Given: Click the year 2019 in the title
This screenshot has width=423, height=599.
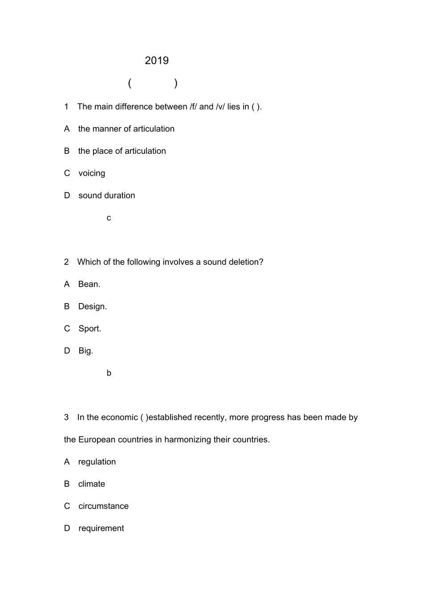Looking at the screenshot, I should coord(157,61).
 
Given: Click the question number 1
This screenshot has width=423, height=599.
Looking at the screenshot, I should coord(66,107).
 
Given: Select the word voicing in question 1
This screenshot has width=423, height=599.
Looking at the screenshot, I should coord(92,173).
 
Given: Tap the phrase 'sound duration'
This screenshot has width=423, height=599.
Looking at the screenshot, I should coord(107,196).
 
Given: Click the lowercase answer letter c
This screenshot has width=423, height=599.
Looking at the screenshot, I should coord(109,218).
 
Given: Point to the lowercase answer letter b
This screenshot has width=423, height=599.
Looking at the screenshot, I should coord(109,373).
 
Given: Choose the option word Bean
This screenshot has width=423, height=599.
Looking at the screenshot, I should coord(89,284).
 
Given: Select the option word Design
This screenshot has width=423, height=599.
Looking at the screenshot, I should coord(92,307).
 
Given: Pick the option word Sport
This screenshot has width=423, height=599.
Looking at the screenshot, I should coord(89,329).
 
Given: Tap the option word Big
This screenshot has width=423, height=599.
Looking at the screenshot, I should coord(85,351).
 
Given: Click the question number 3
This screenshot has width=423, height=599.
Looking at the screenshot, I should coord(66,418).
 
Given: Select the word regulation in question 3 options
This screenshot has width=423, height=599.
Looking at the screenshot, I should coord(97,462).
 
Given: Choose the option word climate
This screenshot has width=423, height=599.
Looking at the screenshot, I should coord(91,484).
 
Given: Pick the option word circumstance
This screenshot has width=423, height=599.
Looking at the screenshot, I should coord(103,506).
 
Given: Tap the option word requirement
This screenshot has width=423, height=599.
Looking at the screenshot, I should coord(101,529).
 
